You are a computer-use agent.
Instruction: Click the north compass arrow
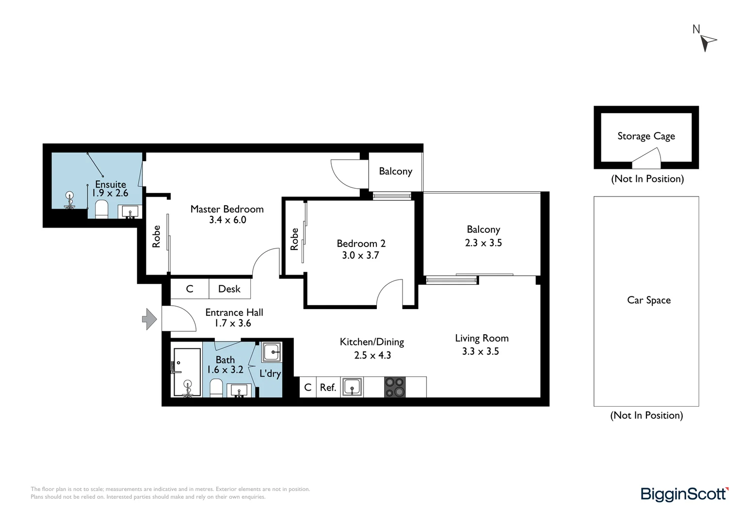click(708, 42)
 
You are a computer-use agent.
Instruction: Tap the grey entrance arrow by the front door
click(149, 319)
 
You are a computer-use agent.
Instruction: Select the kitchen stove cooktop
click(394, 387)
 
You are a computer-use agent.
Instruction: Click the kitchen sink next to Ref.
click(352, 387)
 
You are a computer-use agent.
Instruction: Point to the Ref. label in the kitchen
click(328, 387)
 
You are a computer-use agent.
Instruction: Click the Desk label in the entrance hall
click(229, 289)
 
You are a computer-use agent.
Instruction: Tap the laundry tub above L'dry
click(271, 352)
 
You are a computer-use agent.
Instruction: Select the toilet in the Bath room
click(216, 388)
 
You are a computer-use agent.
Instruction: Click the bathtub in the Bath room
click(187, 372)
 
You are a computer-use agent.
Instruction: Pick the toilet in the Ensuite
click(101, 210)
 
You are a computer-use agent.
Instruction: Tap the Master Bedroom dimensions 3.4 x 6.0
click(227, 220)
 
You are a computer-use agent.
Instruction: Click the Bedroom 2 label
click(361, 244)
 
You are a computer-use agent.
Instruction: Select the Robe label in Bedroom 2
click(294, 239)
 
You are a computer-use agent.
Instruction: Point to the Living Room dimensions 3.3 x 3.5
click(480, 351)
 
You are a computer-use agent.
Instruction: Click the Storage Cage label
click(646, 136)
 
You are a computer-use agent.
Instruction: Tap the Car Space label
click(648, 300)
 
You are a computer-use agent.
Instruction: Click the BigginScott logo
click(684, 494)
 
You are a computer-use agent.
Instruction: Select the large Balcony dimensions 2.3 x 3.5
click(483, 243)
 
